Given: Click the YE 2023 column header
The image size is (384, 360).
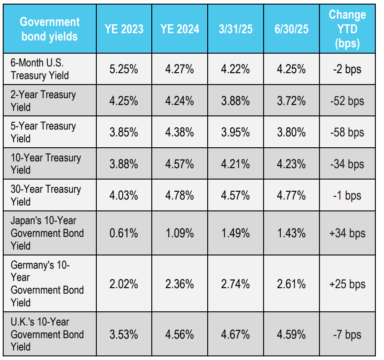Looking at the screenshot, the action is (124, 29).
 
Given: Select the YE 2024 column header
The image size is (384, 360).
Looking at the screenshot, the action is (180, 29).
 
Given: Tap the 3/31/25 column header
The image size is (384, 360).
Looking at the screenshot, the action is (235, 29).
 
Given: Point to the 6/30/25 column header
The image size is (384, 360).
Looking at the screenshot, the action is (291, 29).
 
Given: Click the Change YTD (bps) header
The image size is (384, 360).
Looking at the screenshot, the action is (347, 29).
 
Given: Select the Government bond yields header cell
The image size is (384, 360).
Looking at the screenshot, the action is (50, 29).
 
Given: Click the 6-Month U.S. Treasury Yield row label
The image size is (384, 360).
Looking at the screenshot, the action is (40, 69).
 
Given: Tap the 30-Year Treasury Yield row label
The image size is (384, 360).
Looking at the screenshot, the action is (45, 195).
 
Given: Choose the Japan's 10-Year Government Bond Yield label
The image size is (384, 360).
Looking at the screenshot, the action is (47, 233).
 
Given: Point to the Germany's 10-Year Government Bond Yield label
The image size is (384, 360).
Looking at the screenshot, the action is (47, 284).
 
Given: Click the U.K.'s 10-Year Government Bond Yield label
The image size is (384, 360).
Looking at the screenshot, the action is (47, 334).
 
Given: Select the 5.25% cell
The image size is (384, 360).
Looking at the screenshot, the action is (124, 69).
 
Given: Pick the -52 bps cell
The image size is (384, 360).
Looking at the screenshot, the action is (347, 101).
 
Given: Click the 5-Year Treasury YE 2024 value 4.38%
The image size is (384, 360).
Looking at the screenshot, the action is (180, 132).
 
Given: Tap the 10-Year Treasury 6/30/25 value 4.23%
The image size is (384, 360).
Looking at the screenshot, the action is (291, 164).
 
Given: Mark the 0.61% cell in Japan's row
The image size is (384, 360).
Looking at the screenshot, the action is (124, 233).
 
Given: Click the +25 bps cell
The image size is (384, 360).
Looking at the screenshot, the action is (347, 284).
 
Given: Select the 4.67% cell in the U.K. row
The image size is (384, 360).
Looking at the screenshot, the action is (235, 335).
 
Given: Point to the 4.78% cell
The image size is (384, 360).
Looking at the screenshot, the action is (180, 195).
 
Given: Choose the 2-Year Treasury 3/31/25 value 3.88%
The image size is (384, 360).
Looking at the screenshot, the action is (235, 101).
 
